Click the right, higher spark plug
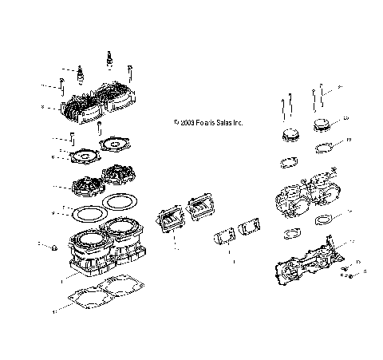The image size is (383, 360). point(106,59)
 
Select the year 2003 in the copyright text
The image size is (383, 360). point(188,124)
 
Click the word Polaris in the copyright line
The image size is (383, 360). point(209,124)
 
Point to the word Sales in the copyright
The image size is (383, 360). point(231,124)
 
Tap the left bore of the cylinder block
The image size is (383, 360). point(89,237)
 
